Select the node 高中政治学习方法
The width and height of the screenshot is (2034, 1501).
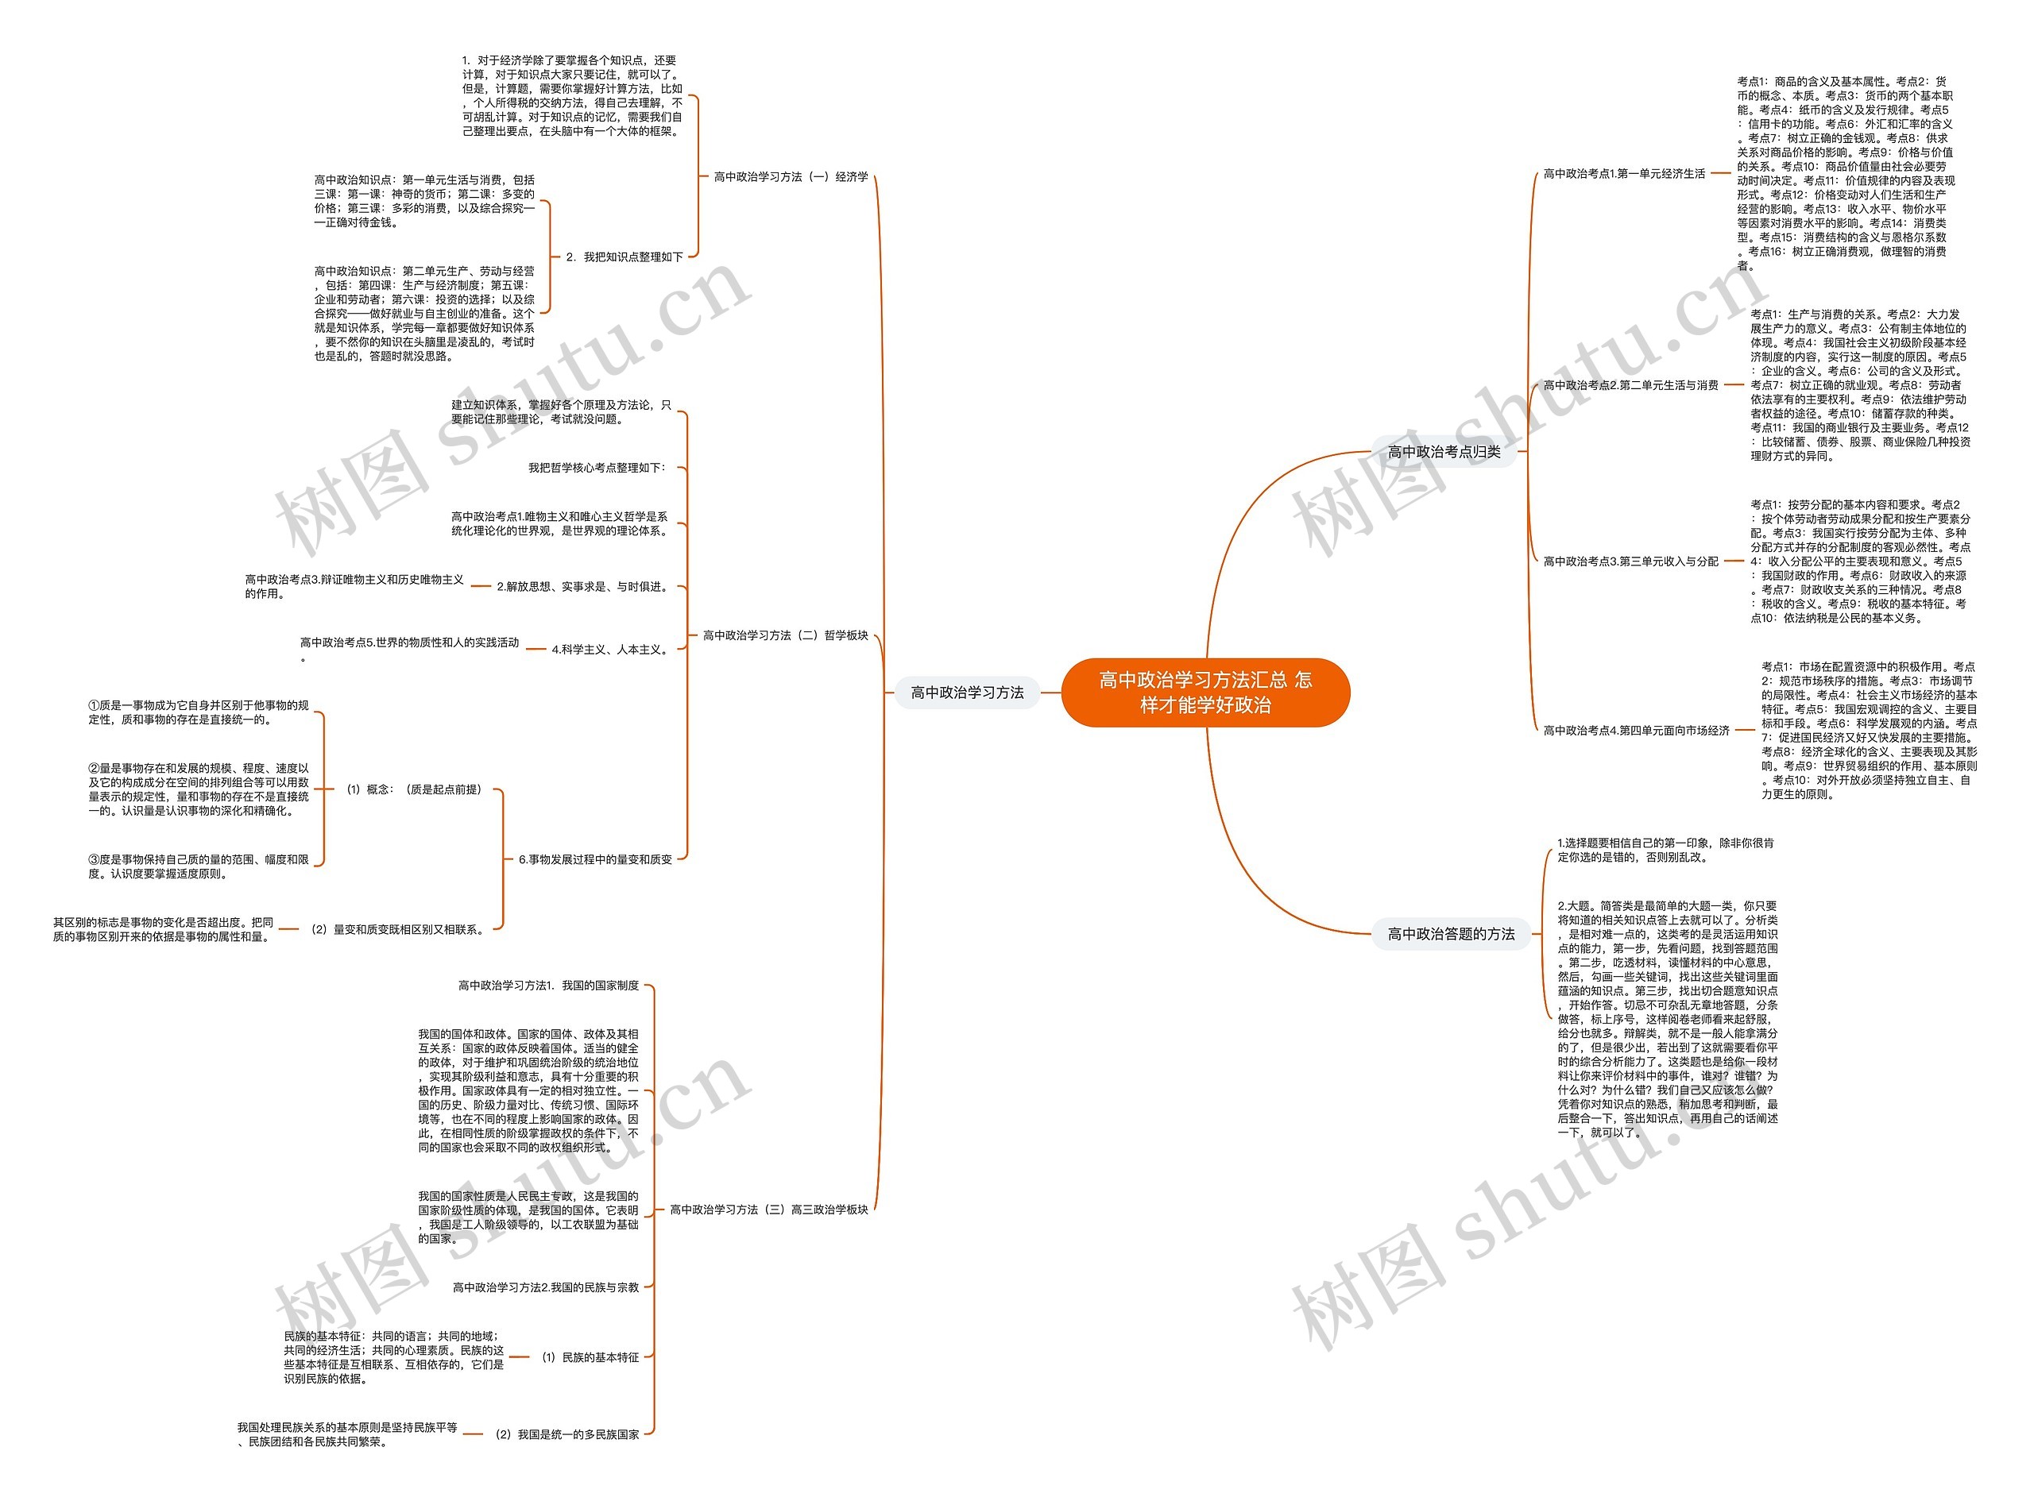[x=967, y=693]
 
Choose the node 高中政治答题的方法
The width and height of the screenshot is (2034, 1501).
[x=1451, y=934]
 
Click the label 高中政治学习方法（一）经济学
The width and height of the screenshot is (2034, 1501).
[x=791, y=177]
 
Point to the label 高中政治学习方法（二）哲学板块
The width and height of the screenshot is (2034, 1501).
[x=785, y=636]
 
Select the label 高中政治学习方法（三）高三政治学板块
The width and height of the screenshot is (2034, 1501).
[x=769, y=1210]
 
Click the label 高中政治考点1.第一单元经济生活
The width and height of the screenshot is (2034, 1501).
[x=1624, y=174]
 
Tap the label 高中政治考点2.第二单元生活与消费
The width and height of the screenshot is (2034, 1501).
[x=1630, y=385]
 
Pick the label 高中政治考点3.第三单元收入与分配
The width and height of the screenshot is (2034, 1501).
[x=1630, y=561]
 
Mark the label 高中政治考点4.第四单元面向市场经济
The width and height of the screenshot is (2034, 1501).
[x=1636, y=731]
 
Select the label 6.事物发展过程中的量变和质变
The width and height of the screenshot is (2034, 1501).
[x=595, y=859]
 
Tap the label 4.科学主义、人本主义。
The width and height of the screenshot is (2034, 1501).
[x=612, y=650]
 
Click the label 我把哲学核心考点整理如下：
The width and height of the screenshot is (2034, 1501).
[x=598, y=468]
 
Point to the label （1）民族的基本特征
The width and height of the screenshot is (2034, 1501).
[x=591, y=1357]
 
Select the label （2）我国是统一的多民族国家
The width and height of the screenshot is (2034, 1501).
[x=567, y=1434]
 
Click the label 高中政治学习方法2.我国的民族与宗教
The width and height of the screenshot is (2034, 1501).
[x=546, y=1287]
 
